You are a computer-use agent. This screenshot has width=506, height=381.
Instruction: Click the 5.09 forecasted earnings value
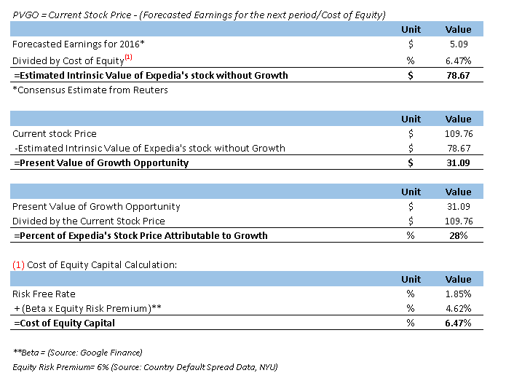point(462,44)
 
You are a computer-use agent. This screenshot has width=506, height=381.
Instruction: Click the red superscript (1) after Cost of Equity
point(128,56)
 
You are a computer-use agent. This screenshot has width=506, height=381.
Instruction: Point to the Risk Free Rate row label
point(41,294)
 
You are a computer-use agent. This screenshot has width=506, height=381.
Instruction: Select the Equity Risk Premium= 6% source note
point(144,366)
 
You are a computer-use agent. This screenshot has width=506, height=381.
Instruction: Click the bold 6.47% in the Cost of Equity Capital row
point(458,323)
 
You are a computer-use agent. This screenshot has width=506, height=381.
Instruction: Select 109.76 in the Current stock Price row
point(458,133)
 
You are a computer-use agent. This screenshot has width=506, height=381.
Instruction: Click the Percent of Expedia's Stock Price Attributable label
point(140,235)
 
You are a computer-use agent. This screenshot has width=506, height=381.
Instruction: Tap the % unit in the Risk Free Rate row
point(411,294)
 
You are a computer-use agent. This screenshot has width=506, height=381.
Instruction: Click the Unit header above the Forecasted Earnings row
point(411,30)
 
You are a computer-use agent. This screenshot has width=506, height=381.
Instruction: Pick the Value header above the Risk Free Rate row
point(458,279)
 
